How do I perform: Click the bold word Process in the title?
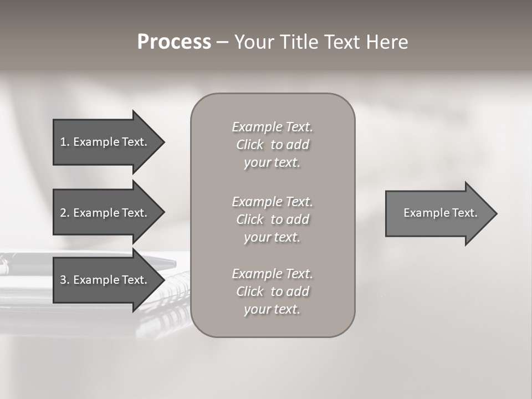tap(174, 42)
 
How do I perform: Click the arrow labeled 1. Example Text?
tap(105, 142)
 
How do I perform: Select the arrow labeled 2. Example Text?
tap(105, 213)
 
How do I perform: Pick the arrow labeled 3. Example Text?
tap(105, 280)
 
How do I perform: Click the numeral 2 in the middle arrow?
tap(63, 213)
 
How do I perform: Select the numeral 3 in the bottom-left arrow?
tap(63, 280)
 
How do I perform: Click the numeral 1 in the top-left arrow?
tap(63, 142)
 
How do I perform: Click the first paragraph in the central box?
tap(272, 145)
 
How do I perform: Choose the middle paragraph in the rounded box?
tap(272, 219)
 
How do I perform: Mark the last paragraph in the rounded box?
tap(272, 291)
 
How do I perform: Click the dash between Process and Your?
tap(222, 43)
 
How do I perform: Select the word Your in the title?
tap(252, 42)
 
